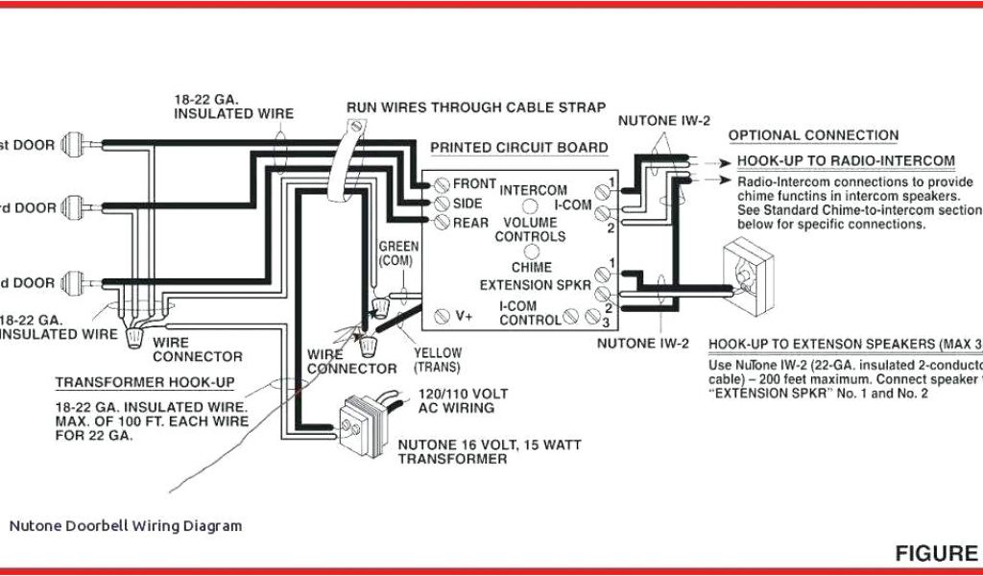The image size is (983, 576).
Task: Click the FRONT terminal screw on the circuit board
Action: [x=443, y=183]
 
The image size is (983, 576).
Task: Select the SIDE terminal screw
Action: [x=443, y=203]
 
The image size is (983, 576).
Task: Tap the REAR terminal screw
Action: [x=443, y=222]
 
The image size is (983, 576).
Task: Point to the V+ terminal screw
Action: [x=443, y=315]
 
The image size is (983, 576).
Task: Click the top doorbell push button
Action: [x=73, y=145]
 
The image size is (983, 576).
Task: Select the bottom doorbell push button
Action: [x=73, y=283]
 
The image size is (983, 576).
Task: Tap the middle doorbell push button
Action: [x=73, y=206]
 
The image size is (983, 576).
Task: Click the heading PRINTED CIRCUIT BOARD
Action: [x=518, y=148]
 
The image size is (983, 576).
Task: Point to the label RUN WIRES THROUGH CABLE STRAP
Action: [x=476, y=108]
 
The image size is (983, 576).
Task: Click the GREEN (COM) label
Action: [x=396, y=253]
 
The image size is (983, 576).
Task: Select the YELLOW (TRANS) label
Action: [x=438, y=360]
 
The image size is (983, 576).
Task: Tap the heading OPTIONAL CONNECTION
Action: [x=813, y=135]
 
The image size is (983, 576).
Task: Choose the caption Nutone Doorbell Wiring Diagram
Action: [x=126, y=526]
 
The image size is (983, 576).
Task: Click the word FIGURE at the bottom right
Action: [x=936, y=553]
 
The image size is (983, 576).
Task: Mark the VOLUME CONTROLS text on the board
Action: [x=531, y=229]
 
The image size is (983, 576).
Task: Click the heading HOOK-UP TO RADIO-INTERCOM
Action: [x=846, y=160]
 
